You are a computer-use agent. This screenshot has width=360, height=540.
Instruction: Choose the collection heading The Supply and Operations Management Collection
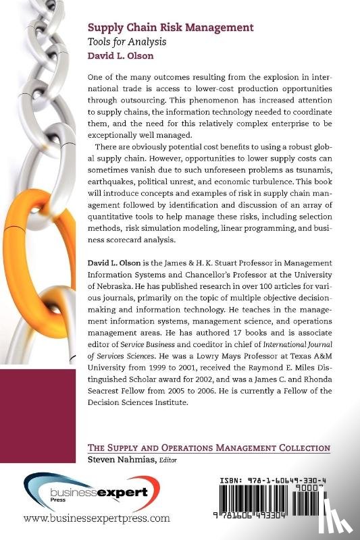point(209,448)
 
